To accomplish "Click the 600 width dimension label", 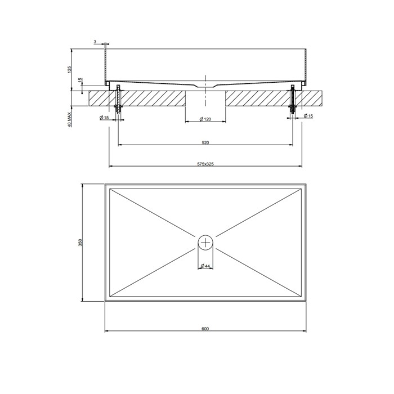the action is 205,328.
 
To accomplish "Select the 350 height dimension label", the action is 80,243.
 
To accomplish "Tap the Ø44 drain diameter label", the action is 205,266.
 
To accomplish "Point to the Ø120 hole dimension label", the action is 205,119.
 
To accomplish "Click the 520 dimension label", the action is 205,143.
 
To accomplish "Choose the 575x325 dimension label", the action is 205,164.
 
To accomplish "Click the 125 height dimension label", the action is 70,69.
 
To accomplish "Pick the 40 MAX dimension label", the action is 70,119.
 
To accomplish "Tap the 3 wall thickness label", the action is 95,42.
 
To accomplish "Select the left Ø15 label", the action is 104,117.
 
